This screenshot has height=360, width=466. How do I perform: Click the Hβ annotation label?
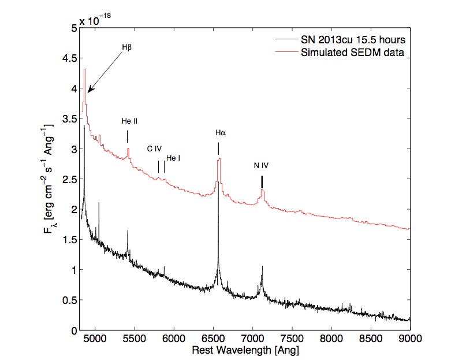click(x=127, y=47)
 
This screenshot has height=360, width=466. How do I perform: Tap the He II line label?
click(x=129, y=121)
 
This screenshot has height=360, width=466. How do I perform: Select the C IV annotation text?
click(x=154, y=149)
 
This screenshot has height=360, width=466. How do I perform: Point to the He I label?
click(x=173, y=158)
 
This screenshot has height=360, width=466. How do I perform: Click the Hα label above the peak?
click(x=220, y=132)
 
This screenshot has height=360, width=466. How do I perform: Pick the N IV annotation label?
click(x=262, y=165)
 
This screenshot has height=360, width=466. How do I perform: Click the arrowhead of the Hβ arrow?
click(x=88, y=91)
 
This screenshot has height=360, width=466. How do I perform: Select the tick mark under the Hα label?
click(x=218, y=149)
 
